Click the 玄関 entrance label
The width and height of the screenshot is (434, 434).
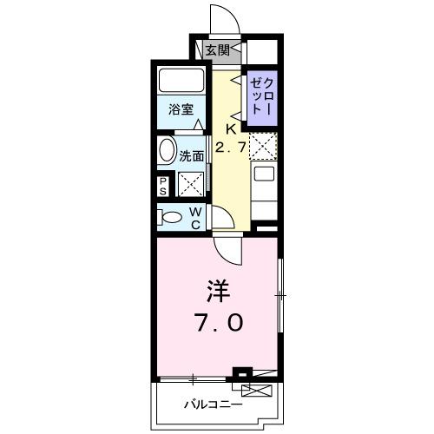tap(218, 50)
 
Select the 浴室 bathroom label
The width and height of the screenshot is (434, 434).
tap(181, 110)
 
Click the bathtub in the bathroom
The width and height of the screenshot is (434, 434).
tap(181, 82)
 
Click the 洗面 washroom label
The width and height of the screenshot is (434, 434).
tap(192, 156)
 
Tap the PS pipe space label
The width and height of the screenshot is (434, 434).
tap(163, 186)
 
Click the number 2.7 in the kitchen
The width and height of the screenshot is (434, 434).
tap(230, 148)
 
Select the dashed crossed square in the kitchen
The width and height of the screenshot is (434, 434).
tap(263, 146)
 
